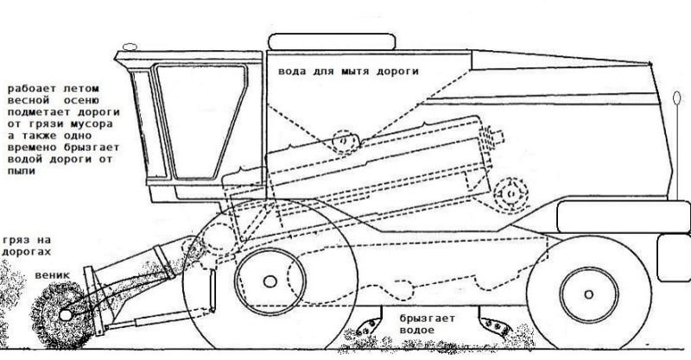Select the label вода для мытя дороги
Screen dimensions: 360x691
[348, 72]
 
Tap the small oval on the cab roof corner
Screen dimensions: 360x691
[129, 44]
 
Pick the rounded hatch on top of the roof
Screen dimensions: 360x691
[330, 40]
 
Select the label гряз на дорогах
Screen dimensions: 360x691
[28, 244]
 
